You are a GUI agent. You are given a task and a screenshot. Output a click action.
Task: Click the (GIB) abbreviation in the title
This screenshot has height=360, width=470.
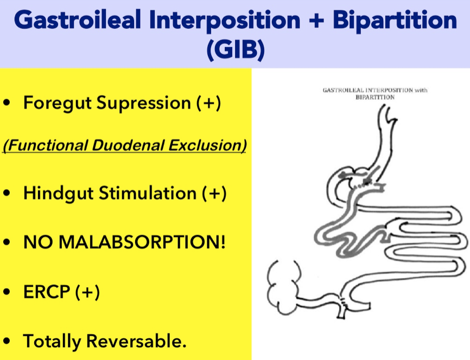point(236,49)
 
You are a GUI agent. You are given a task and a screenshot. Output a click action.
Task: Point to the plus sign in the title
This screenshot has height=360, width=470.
point(316,21)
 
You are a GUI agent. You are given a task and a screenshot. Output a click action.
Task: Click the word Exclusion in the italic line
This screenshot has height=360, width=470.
point(207,145)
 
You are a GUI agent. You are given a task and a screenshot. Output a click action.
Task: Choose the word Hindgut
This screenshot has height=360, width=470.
point(59,194)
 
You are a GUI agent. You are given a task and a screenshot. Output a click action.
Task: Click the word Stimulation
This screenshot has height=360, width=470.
point(148,193)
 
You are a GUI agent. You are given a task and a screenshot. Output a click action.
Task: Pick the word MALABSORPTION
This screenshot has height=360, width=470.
point(142,242)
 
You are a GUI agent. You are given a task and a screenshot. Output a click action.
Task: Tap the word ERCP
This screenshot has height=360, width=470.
point(47,291)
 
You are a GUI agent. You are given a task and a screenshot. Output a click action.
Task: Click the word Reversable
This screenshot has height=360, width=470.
point(136,341)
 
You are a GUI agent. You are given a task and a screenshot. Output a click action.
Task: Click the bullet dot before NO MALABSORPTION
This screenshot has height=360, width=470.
point(7,242)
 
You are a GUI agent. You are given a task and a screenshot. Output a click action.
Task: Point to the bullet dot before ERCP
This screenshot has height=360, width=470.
point(7,292)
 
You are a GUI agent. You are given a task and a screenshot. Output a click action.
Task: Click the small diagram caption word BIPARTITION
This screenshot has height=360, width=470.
point(375,97)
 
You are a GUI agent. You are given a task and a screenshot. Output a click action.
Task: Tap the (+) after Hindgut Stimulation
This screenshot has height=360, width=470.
point(214,193)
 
